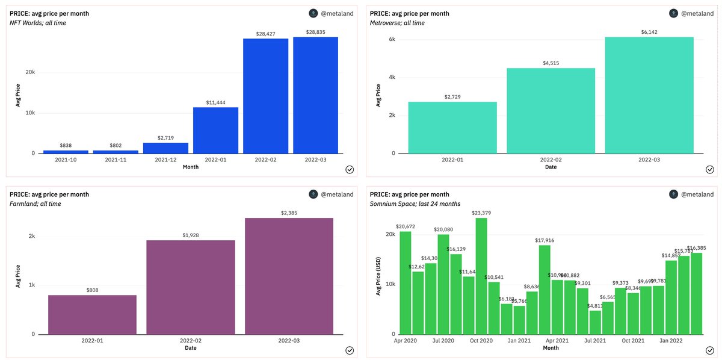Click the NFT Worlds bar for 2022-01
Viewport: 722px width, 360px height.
click(215, 130)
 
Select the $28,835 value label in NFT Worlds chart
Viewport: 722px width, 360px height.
click(315, 32)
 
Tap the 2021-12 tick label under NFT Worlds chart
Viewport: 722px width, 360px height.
click(165, 160)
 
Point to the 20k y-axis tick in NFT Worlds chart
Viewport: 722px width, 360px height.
click(30, 72)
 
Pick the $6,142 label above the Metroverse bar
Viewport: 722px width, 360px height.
click(649, 32)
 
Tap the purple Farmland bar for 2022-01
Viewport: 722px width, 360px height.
click(92, 314)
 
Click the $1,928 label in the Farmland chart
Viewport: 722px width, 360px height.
click(191, 235)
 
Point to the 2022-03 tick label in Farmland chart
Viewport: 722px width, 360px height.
click(289, 341)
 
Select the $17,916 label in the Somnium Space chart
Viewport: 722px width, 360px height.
click(545, 240)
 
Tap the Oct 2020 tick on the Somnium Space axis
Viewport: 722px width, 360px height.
click(481, 341)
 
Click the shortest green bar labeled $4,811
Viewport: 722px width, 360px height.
click(595, 322)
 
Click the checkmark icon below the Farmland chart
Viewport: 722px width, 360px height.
click(349, 350)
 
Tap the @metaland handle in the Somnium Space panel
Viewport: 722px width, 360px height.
click(697, 194)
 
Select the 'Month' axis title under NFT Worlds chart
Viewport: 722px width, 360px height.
click(191, 167)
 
